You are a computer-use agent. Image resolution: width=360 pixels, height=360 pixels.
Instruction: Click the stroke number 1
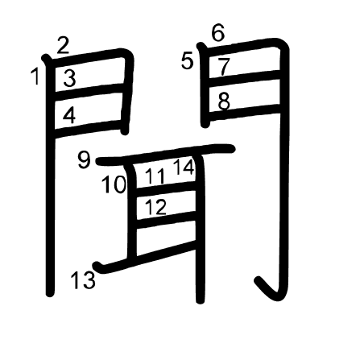point(35,77)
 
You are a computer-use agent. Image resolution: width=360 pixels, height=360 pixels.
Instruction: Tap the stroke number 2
point(63,45)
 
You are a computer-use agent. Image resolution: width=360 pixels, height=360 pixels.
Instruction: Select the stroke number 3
point(69,78)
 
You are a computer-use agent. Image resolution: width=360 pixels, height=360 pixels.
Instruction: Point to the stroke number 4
point(69,115)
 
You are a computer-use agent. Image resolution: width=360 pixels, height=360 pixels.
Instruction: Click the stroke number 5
point(187,61)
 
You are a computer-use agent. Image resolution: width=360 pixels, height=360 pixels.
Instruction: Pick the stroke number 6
point(217,33)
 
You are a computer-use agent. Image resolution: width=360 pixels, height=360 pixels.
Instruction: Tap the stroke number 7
point(224,66)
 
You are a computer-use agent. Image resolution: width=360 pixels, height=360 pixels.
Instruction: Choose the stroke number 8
point(224,101)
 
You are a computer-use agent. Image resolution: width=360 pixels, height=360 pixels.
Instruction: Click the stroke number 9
point(84,159)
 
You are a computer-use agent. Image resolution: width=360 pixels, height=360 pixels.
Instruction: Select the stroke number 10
point(114,184)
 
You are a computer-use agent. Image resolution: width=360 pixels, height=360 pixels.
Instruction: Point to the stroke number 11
point(155,176)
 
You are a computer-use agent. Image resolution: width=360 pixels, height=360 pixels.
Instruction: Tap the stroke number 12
point(155,207)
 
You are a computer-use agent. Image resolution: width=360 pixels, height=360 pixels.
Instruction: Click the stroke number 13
point(83,279)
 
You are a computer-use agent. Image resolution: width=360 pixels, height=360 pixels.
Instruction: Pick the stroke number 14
point(184,167)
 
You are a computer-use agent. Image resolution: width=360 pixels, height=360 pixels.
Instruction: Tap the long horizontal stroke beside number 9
point(166,155)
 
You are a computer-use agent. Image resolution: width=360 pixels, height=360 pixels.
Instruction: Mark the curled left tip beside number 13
point(97,266)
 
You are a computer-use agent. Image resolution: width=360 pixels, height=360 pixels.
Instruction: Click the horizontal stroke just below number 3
point(89,93)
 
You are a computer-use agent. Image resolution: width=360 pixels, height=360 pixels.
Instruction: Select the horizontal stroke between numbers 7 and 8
point(245,76)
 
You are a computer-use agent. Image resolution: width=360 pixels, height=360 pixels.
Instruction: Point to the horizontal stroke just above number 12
point(166,188)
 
